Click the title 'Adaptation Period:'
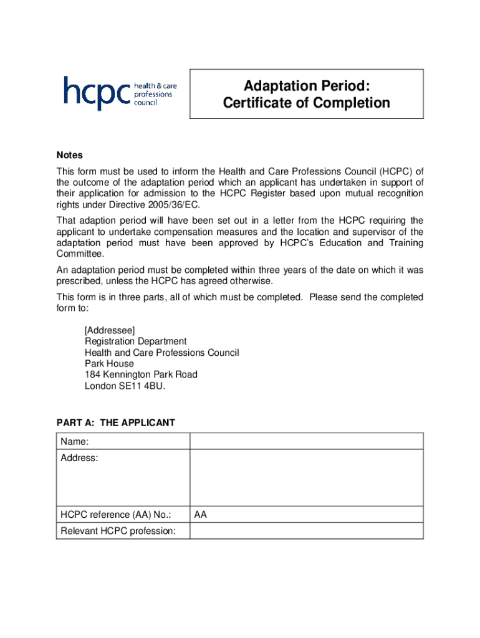click(x=306, y=85)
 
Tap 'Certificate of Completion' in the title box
click(x=306, y=103)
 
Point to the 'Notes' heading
click(x=69, y=155)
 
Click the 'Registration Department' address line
click(x=135, y=341)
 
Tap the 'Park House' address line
click(x=109, y=363)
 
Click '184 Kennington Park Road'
click(x=141, y=374)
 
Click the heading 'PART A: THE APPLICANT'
click(x=116, y=423)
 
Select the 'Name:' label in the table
click(x=74, y=442)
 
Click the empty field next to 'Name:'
click(x=306, y=442)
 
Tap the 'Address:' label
click(x=79, y=459)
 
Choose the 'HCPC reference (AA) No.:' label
click(x=116, y=515)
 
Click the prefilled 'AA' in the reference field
click(x=200, y=515)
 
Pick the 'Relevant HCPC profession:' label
click(x=118, y=531)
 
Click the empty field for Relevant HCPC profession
click(x=306, y=531)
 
